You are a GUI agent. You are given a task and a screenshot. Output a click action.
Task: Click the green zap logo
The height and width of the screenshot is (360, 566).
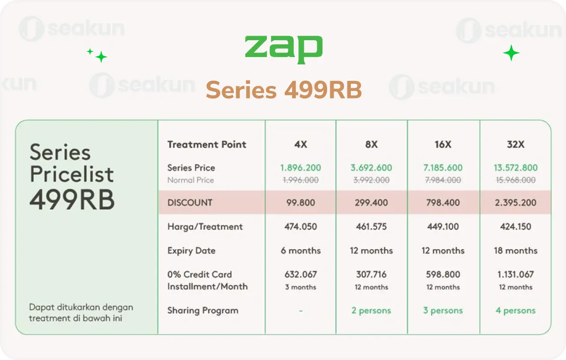(x=283, y=49)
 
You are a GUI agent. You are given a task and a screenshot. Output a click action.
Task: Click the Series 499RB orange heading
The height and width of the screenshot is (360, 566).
(x=283, y=90)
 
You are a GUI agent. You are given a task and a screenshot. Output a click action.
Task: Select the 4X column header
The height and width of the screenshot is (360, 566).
(x=301, y=144)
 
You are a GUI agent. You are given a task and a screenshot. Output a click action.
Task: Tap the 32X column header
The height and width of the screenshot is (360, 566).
(x=515, y=144)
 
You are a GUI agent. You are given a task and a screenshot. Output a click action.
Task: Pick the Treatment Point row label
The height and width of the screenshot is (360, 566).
(x=207, y=144)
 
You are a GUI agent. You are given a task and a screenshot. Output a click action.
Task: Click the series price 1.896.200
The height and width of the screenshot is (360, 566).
(x=301, y=168)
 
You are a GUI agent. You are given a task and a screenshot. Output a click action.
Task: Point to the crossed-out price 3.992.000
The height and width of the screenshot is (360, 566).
(x=371, y=180)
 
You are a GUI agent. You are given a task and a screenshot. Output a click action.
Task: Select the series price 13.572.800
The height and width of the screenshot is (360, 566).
(x=515, y=168)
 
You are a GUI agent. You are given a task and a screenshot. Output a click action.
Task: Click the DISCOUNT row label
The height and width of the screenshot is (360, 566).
(x=190, y=202)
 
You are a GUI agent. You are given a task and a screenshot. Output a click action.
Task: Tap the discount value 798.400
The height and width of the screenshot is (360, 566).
(x=443, y=202)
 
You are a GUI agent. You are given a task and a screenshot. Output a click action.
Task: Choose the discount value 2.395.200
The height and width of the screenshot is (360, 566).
(x=515, y=202)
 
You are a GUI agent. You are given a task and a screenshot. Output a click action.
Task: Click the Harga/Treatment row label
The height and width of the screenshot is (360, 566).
(x=205, y=227)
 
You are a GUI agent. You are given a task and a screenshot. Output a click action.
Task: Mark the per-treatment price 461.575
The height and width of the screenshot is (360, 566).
(x=371, y=227)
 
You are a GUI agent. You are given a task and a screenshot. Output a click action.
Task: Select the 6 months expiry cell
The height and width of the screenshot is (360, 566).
(x=301, y=251)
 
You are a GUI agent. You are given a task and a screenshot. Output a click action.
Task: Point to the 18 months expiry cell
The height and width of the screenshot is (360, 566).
(x=515, y=251)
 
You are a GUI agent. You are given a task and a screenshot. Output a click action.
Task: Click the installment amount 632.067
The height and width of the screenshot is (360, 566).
(x=301, y=274)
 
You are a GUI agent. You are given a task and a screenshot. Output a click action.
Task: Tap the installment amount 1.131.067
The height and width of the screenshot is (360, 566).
(x=515, y=274)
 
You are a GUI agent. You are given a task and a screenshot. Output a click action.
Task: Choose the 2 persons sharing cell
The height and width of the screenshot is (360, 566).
(x=371, y=311)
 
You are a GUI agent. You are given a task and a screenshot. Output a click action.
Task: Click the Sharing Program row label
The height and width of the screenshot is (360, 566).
(x=203, y=311)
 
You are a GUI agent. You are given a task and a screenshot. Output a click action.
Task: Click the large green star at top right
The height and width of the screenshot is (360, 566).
(x=511, y=53)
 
